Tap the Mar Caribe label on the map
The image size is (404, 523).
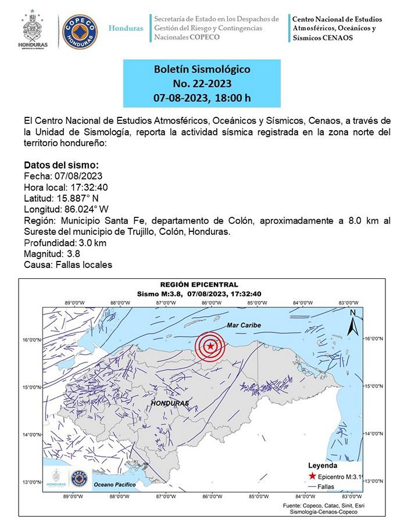pos(244,325)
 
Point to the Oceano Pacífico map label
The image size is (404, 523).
pos(116,484)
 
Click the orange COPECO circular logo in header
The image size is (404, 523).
pos(80,31)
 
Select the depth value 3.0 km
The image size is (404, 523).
pos(90,243)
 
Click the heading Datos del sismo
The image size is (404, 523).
pos(61,165)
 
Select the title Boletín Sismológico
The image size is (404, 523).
pos(202,70)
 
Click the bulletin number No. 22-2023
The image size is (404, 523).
pos(202,84)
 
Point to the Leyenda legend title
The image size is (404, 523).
pos(322,465)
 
